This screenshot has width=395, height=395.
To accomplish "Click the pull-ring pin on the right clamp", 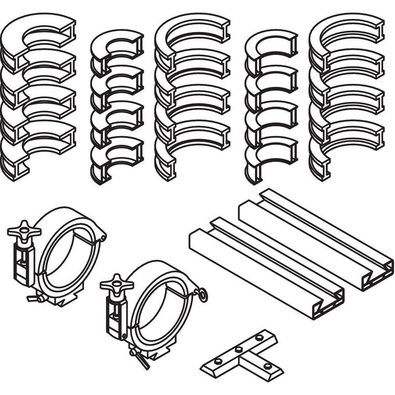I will (202, 295).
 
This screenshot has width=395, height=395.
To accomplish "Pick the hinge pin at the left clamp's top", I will (103, 237).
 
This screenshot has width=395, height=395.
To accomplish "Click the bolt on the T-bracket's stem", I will (267, 365).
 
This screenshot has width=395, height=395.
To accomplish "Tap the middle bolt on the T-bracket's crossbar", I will (238, 350).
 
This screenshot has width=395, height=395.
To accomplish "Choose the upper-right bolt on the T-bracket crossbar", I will (259, 338).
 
